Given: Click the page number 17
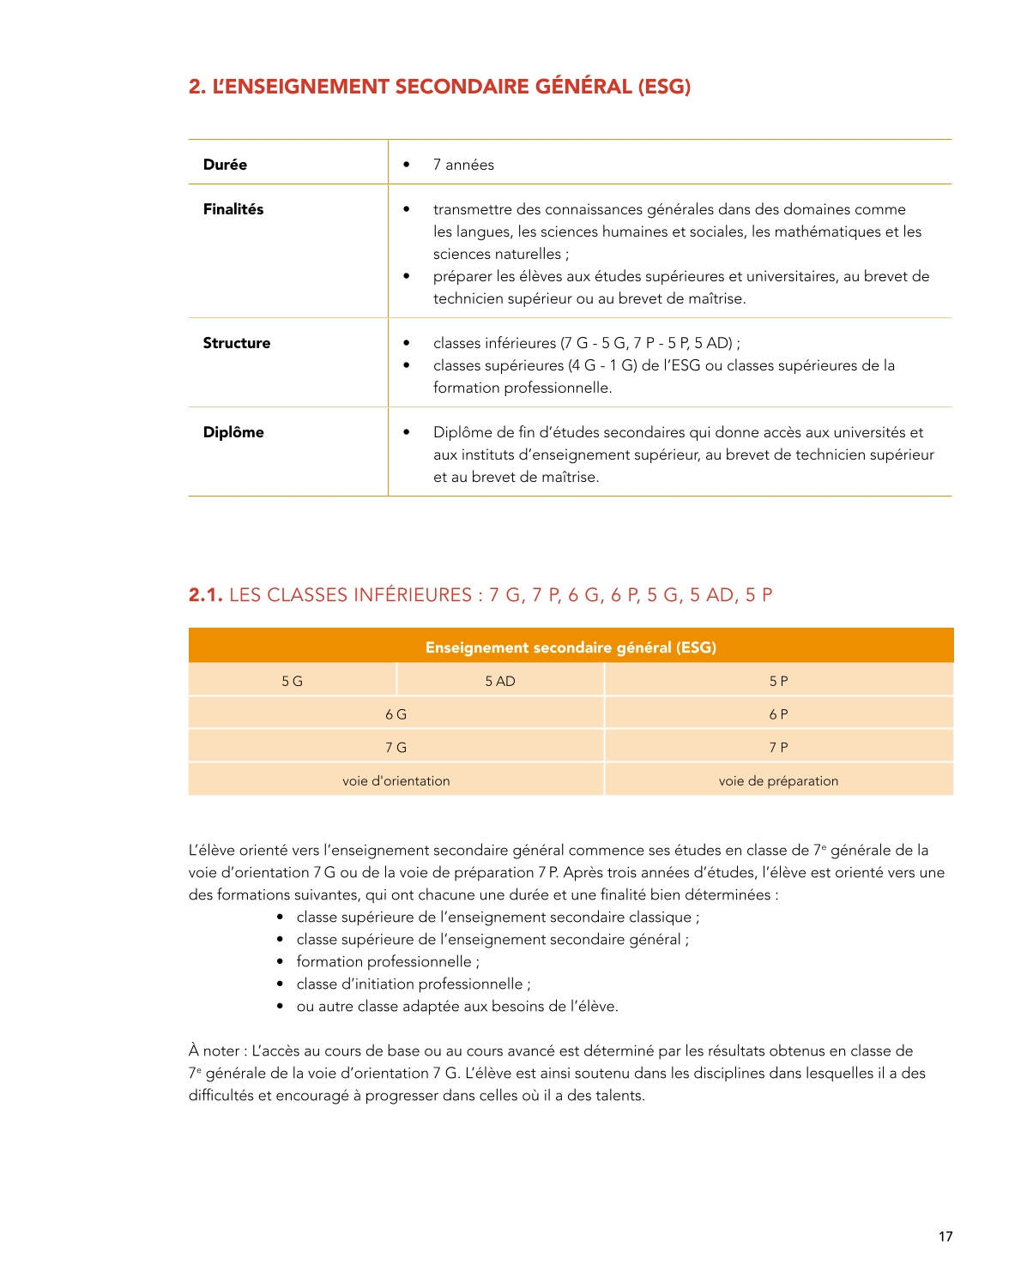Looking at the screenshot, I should pyautogui.click(x=945, y=1236).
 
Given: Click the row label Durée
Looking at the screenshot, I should pyautogui.click(x=225, y=165).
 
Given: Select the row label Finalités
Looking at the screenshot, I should pyautogui.click(x=233, y=209).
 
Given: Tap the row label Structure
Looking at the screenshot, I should pyautogui.click(x=237, y=343).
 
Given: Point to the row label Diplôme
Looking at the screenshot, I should pyautogui.click(x=233, y=432).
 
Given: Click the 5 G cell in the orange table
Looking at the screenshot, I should pyautogui.click(x=293, y=681).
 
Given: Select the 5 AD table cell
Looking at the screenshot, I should pyautogui.click(x=500, y=681).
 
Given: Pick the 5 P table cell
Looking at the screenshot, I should pyautogui.click(x=778, y=681).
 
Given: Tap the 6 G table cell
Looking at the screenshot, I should pyautogui.click(x=396, y=714).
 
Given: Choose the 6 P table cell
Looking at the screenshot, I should pyautogui.click(x=778, y=714).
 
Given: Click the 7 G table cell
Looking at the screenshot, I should pyautogui.click(x=396, y=748).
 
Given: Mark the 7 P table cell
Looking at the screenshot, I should pyautogui.click(x=778, y=748).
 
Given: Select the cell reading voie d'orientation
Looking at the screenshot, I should pyautogui.click(x=396, y=781).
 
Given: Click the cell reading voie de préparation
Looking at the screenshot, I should pyautogui.click(x=778, y=781).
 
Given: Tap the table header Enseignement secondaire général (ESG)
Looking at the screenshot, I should pyautogui.click(x=571, y=647).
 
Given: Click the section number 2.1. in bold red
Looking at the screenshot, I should pyautogui.click(x=206, y=595).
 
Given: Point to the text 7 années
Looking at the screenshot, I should pyautogui.click(x=463, y=165).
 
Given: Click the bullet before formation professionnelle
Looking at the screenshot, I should pyautogui.click(x=281, y=962).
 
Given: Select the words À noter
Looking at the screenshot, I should pyautogui.click(x=214, y=1050).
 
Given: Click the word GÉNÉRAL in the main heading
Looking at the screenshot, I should pyautogui.click(x=583, y=87).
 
